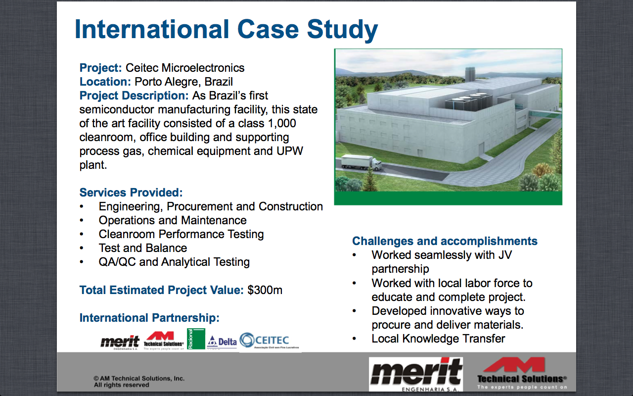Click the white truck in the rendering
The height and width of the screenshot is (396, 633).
click(358, 163)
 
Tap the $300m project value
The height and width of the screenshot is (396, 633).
click(265, 290)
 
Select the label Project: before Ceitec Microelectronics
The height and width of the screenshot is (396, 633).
click(100, 68)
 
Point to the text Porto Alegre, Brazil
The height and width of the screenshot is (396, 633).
click(183, 82)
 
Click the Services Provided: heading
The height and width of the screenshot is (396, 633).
click(131, 193)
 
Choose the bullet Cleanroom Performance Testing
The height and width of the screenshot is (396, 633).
click(181, 234)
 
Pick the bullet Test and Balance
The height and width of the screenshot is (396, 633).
click(142, 248)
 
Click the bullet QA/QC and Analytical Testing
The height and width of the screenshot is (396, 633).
click(174, 262)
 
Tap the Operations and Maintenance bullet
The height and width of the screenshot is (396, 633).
click(173, 220)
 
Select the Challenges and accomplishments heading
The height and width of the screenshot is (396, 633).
click(445, 241)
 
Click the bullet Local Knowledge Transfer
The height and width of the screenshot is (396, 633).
click(438, 339)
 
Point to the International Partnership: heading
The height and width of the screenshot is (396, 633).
click(149, 318)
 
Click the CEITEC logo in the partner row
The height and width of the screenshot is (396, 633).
click(265, 341)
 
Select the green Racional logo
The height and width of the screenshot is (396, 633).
click(196, 339)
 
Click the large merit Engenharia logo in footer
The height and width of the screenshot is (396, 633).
click(416, 374)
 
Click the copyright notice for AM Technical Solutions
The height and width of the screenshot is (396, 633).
click(139, 381)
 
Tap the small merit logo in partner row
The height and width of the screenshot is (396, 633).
click(120, 342)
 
